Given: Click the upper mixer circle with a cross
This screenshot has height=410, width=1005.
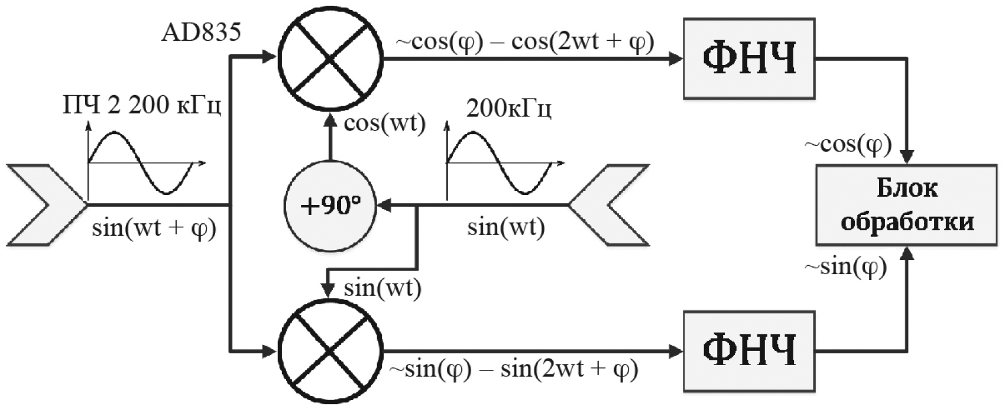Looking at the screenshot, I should click(x=330, y=58).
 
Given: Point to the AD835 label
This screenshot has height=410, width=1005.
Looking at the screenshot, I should click(x=201, y=32).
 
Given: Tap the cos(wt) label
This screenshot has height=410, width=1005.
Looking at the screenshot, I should click(x=384, y=124).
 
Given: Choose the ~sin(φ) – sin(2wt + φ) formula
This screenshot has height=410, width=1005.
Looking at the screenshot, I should click(x=514, y=370).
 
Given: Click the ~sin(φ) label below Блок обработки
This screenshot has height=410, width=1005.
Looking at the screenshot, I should click(x=845, y=268).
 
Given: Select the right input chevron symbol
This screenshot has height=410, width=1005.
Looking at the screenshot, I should click(x=609, y=205).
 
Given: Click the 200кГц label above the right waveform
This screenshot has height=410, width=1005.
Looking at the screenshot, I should click(x=509, y=109).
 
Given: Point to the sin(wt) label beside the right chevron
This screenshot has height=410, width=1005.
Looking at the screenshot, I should click(x=505, y=227).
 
